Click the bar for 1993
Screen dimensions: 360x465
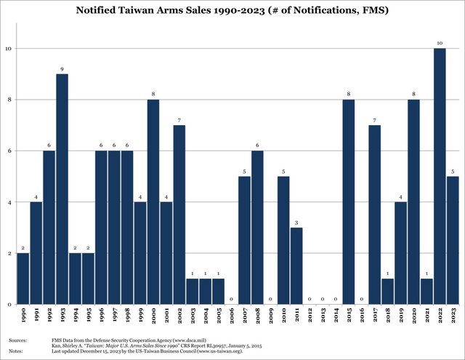pos(62,189)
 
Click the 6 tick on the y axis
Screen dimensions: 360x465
pos(8,151)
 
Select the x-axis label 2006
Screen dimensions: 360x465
pos(231,317)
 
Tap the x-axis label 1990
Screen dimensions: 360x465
pos(23,317)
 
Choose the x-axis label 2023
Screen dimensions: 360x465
pos(452,317)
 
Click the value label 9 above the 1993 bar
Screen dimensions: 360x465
pos(62,68)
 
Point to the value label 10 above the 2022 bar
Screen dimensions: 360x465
pos(439,43)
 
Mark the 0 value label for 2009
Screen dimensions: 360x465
pos(270,299)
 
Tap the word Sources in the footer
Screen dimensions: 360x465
pos(19,340)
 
